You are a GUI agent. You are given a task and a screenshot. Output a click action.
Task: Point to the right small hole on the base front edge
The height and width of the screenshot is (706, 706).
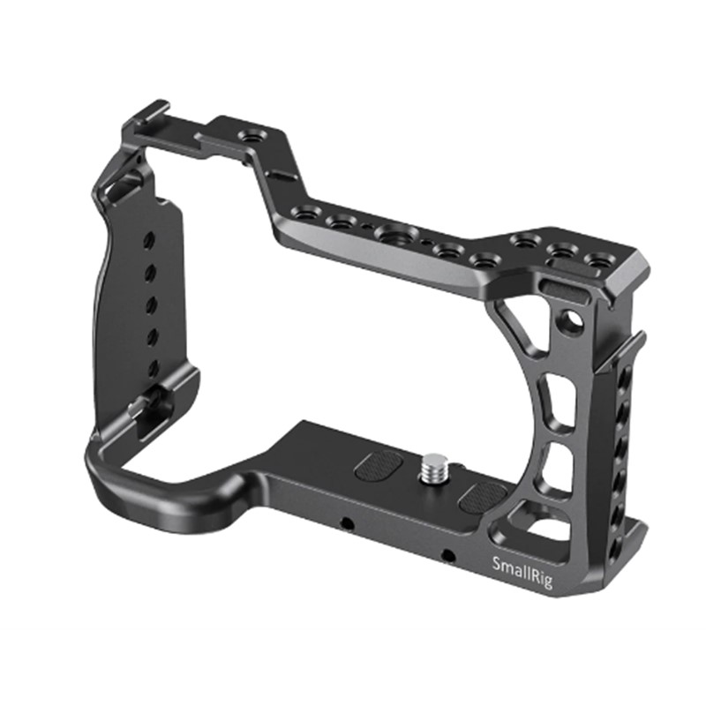tap(448, 555)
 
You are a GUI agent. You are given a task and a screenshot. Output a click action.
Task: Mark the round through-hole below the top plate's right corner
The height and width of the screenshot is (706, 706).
tap(578, 315)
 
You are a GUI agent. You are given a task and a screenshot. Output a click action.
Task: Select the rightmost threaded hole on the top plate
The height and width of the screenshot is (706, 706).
tap(603, 261)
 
